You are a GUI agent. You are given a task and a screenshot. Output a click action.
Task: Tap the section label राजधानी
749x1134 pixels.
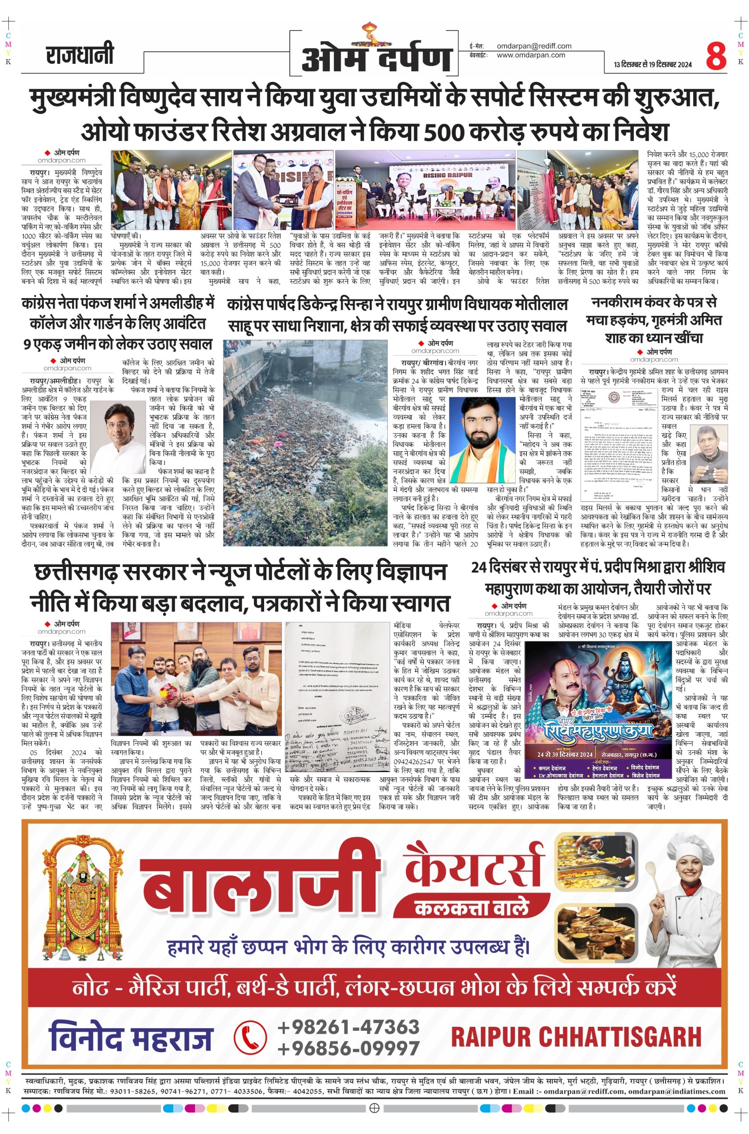[x=80, y=55]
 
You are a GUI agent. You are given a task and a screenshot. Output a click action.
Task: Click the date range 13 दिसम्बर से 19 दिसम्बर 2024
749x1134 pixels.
[x=652, y=65]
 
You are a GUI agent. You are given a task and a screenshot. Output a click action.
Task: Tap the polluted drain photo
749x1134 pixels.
[x=305, y=443]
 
